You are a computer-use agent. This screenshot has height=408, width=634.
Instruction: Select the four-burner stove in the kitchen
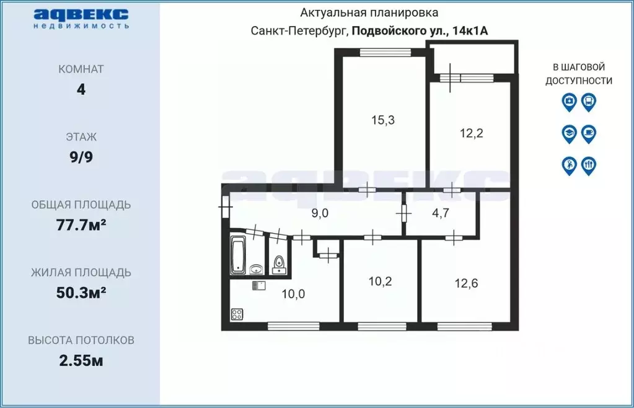point(237,314)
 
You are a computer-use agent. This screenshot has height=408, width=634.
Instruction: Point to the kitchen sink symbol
point(259,286)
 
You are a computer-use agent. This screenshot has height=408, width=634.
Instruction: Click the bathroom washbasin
point(256,269)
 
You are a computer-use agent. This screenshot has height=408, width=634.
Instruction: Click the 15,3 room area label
point(382,120)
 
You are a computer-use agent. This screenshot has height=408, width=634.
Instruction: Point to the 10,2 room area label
point(380,280)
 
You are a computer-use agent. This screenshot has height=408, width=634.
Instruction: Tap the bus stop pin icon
point(589,101)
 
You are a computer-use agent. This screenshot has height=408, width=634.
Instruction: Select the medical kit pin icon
point(569,101)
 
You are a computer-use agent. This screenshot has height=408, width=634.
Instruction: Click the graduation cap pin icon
point(569,133)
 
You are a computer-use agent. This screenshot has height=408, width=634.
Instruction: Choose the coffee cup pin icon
point(589,133)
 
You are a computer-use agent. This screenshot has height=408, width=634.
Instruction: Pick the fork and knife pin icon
point(589,165)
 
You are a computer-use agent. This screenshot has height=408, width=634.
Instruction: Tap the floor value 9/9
point(81,157)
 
